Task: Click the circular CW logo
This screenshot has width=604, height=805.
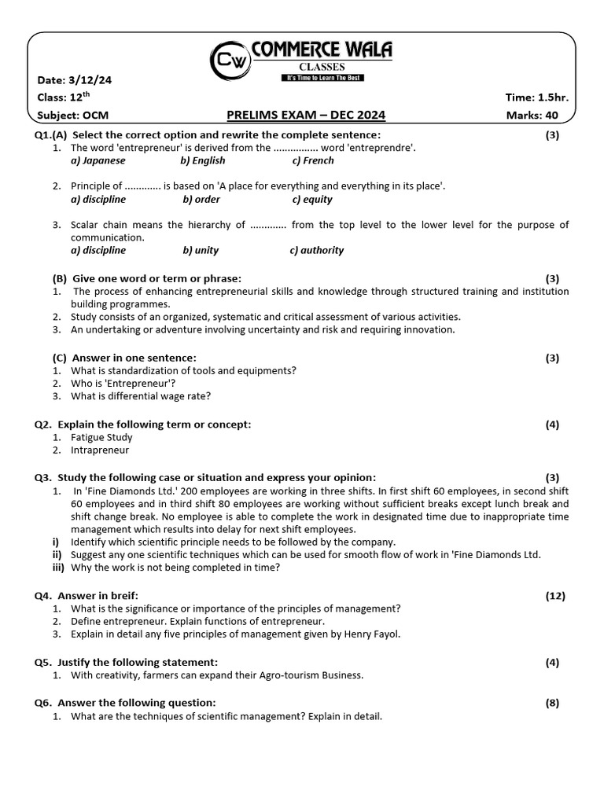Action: coord(230,60)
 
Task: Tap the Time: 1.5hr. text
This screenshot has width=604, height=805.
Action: coord(536,97)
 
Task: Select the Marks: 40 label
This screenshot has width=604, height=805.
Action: coord(537,116)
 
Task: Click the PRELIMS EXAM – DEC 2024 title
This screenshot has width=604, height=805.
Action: coord(306,116)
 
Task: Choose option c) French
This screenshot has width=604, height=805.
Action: coord(313,160)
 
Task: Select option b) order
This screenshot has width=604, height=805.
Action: coord(201,200)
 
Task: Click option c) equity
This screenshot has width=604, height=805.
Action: coord(312,200)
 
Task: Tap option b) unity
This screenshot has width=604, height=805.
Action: coord(201,250)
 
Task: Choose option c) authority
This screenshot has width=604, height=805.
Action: coord(317,250)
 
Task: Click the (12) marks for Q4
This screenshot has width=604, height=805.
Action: coord(555,595)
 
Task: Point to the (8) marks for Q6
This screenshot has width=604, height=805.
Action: coord(552,703)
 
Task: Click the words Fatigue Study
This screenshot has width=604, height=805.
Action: coord(101,437)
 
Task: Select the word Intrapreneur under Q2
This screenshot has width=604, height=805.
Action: coord(100,450)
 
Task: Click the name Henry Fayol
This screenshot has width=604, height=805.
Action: coord(373,634)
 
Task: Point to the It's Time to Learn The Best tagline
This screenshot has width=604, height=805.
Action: coord(322,78)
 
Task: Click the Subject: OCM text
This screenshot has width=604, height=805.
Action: coord(73,116)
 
